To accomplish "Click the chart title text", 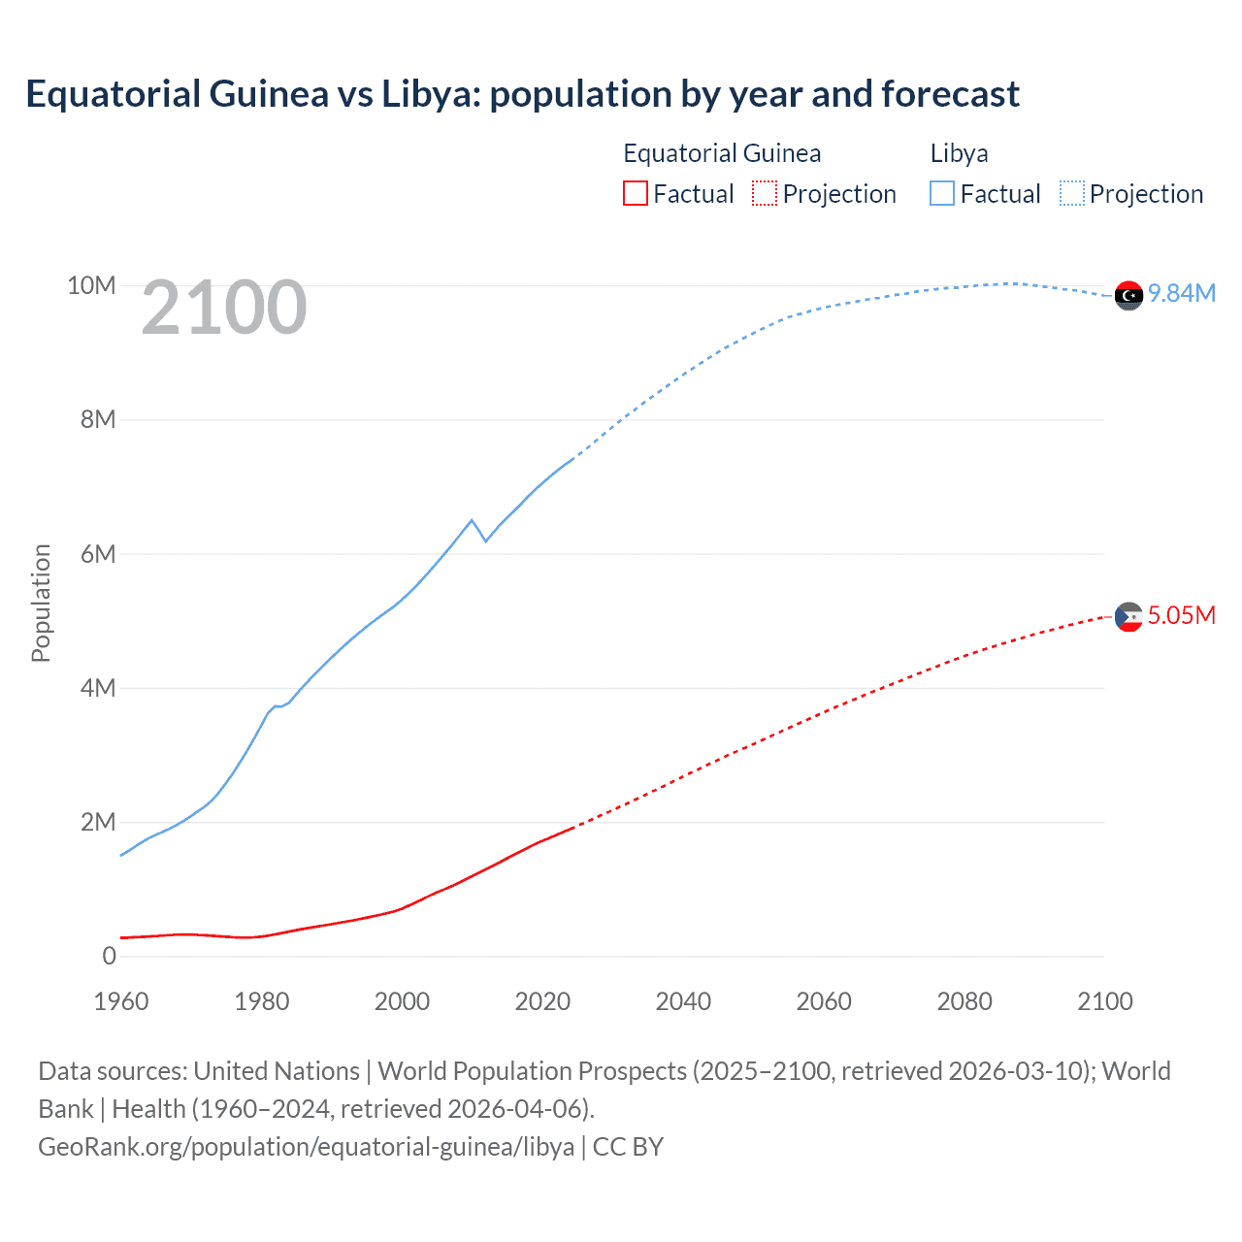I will tap(522, 94).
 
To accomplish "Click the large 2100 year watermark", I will tap(224, 308).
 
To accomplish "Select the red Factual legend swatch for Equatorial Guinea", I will tap(636, 193).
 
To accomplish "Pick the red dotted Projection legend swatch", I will tap(765, 193).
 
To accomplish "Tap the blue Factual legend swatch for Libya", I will tap(942, 193).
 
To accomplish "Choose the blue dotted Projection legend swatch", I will tap(1071, 193).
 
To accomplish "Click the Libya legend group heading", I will tap(959, 153).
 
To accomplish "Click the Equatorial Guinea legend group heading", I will tap(722, 153).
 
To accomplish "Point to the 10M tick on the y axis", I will tap(91, 285).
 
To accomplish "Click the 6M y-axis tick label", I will tap(98, 554).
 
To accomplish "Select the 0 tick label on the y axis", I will tap(109, 956).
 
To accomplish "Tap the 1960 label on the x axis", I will tap(121, 1001).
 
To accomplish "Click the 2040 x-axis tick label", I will tap(683, 1001).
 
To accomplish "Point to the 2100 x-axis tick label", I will tap(1104, 1001).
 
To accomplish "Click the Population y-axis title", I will tap(41, 603).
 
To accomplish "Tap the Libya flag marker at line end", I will tap(1128, 295).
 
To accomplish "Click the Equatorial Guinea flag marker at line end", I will tap(1128, 616).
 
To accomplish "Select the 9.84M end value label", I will tap(1182, 293).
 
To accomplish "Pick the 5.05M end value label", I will tap(1182, 615).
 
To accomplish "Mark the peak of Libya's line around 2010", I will tap(472, 520).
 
